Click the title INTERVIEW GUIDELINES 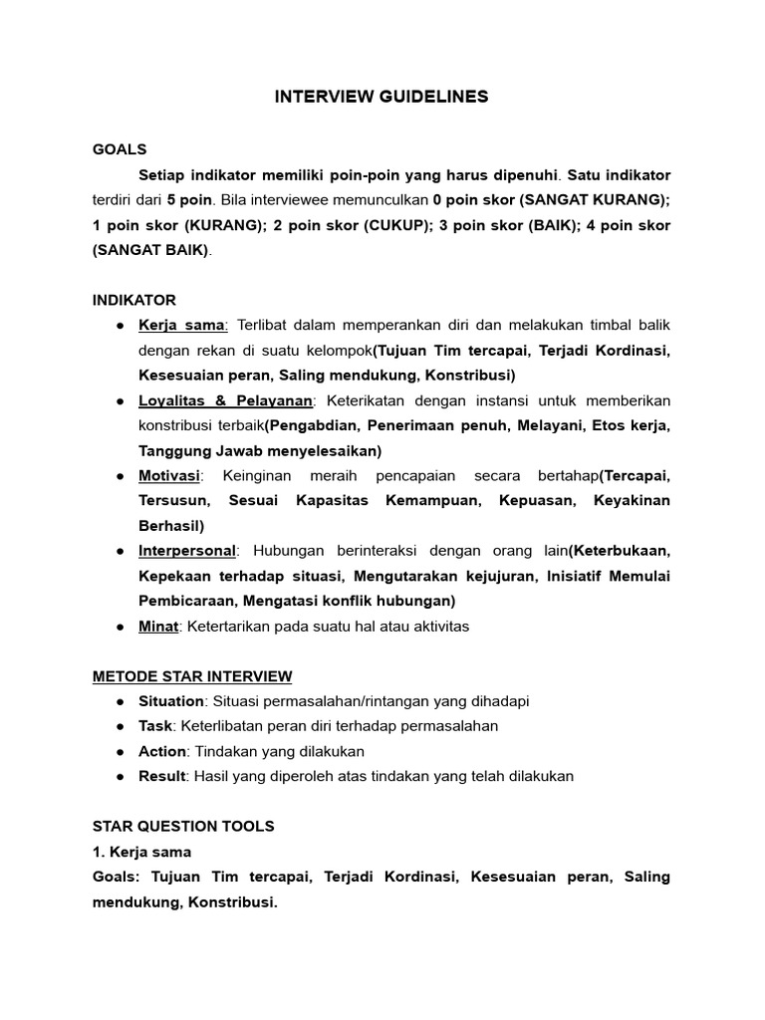coord(382,97)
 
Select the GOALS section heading coord(120,149)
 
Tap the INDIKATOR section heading coord(133,300)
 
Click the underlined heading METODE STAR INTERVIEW coord(192,676)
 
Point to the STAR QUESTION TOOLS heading coord(183,827)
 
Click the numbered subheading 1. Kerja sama coord(141,852)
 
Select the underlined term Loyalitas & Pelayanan coord(226,400)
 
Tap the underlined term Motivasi coord(168,476)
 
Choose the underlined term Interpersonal coord(187,551)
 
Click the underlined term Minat coord(158,627)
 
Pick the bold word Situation coord(171,701)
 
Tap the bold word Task coord(155,726)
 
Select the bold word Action coord(162,751)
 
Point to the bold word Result coord(162,776)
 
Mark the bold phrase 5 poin coord(189,200)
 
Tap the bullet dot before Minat coord(120,627)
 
